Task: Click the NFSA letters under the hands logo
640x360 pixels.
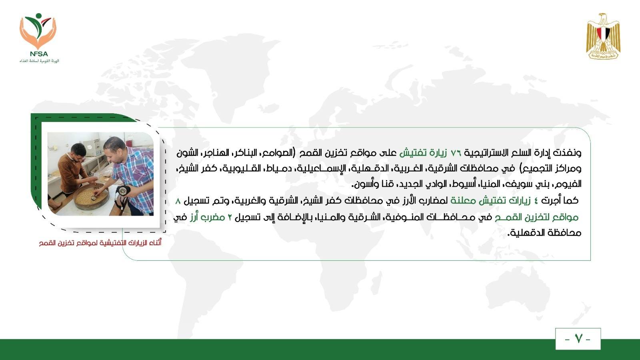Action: (x=39, y=54)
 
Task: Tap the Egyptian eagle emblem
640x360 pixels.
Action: (x=603, y=36)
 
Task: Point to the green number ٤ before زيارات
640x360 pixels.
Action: (x=536, y=201)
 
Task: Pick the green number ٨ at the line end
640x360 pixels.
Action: (x=178, y=201)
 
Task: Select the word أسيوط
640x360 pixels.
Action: (x=464, y=184)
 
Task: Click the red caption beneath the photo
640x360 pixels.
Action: (x=100, y=243)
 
